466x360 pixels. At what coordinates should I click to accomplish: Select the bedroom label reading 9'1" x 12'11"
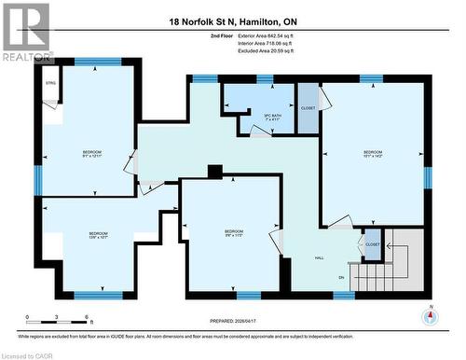click(92, 155)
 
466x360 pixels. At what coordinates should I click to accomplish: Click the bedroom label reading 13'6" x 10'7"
click(98, 236)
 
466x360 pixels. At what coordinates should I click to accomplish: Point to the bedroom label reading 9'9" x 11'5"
click(234, 233)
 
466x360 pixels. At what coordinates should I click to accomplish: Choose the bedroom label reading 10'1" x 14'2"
click(373, 155)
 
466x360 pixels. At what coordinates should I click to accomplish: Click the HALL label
click(318, 257)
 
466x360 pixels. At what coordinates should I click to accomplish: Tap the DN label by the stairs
click(341, 278)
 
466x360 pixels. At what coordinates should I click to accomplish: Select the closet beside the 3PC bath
click(308, 107)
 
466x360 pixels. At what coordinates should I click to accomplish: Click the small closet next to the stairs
click(373, 244)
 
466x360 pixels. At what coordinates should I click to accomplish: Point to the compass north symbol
click(430, 315)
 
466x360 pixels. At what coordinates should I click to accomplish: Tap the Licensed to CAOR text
click(28, 354)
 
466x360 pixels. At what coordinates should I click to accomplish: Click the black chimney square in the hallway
click(215, 171)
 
